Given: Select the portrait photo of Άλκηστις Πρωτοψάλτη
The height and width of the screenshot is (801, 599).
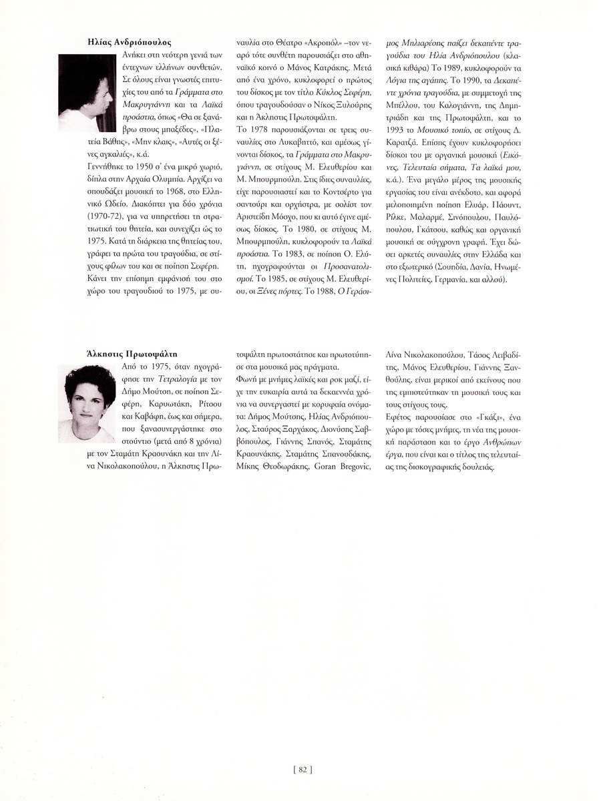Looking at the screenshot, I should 88,403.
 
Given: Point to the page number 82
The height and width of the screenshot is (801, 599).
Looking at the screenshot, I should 303,770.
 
